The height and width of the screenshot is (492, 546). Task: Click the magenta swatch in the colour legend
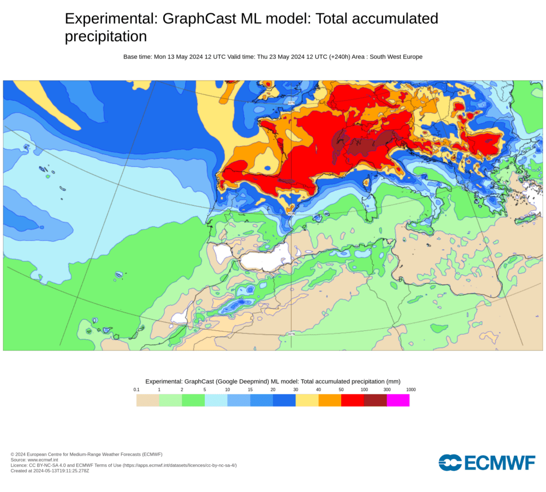398,400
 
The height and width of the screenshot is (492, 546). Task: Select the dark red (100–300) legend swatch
375,400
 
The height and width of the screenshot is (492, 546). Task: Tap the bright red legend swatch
352,400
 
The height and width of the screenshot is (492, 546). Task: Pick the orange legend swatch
330,400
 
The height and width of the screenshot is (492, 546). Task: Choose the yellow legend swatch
307,400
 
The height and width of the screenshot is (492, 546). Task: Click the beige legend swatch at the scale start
148,400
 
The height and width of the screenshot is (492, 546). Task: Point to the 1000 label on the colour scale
410,390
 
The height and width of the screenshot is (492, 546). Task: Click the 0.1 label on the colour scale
136,390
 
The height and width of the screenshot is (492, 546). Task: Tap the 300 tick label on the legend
387,390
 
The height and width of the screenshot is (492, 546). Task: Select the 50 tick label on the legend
341,390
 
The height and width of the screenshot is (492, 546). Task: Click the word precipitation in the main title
106,36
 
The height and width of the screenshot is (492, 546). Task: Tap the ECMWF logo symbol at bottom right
449,462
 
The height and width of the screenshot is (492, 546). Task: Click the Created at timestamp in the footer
50,471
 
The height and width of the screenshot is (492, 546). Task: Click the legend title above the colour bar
273,381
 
